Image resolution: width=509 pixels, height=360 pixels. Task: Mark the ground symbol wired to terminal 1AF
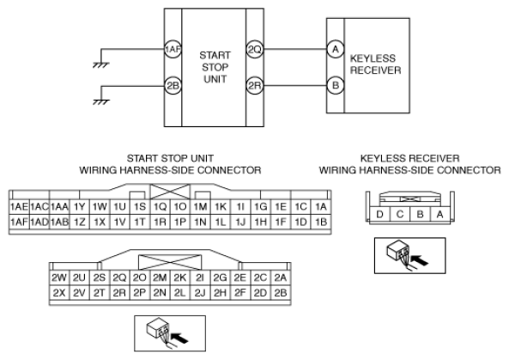tap(101, 65)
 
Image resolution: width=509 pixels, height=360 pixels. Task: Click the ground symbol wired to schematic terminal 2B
tap(101, 102)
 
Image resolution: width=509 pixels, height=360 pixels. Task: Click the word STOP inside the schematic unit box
tap(215, 67)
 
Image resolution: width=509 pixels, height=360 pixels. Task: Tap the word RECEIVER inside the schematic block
tap(376, 70)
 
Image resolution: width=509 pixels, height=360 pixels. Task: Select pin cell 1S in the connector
tap(140, 207)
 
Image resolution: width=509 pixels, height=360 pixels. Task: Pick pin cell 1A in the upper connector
tap(321, 207)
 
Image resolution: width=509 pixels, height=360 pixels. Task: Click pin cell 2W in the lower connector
tap(59, 278)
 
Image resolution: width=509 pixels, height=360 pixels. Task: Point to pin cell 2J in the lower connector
tap(200, 293)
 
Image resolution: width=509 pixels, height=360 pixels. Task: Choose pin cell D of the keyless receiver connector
tap(379, 215)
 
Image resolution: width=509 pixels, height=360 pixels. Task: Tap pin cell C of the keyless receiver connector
tap(400, 215)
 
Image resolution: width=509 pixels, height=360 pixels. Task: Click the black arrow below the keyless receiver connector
tap(420, 260)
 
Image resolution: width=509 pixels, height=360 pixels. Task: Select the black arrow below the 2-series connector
tap(179, 338)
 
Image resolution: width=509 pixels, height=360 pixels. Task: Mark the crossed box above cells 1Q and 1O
tap(170, 192)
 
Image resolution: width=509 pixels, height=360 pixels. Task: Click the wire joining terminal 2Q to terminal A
tap(294, 49)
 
